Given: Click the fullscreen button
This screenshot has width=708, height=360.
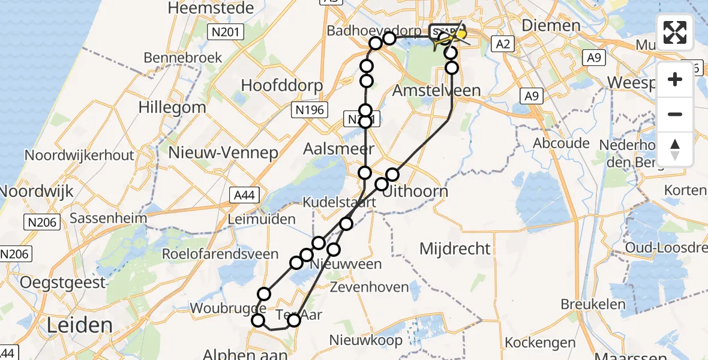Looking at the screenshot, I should coord(675,32).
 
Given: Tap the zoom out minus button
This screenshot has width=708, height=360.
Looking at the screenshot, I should coord(675,114).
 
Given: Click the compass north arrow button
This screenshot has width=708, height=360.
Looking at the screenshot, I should coord(675,149).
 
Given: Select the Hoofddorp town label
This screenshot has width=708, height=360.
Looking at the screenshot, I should coord(282,85).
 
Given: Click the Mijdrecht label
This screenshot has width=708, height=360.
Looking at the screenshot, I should coord(455,248).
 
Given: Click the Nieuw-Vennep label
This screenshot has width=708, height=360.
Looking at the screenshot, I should coord(223,152).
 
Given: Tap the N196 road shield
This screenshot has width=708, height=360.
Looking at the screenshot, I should coord(310,109).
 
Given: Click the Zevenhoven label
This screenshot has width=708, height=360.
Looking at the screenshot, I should coord(368,287).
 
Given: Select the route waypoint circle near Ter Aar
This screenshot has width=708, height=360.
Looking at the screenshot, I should coord(293,320).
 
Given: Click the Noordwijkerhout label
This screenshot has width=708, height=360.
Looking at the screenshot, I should coord(79,155).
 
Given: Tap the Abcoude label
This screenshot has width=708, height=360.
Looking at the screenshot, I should coord(561,143).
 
